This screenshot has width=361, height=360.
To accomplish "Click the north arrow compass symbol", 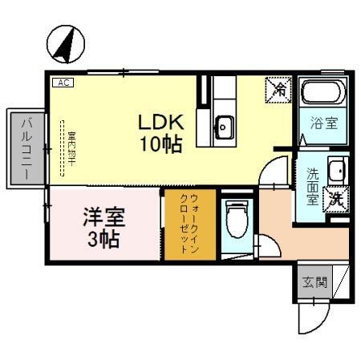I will click(x=65, y=43).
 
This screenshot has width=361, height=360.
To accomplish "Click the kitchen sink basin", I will click(x=225, y=126).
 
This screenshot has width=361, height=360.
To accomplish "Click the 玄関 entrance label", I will click(x=314, y=282).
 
